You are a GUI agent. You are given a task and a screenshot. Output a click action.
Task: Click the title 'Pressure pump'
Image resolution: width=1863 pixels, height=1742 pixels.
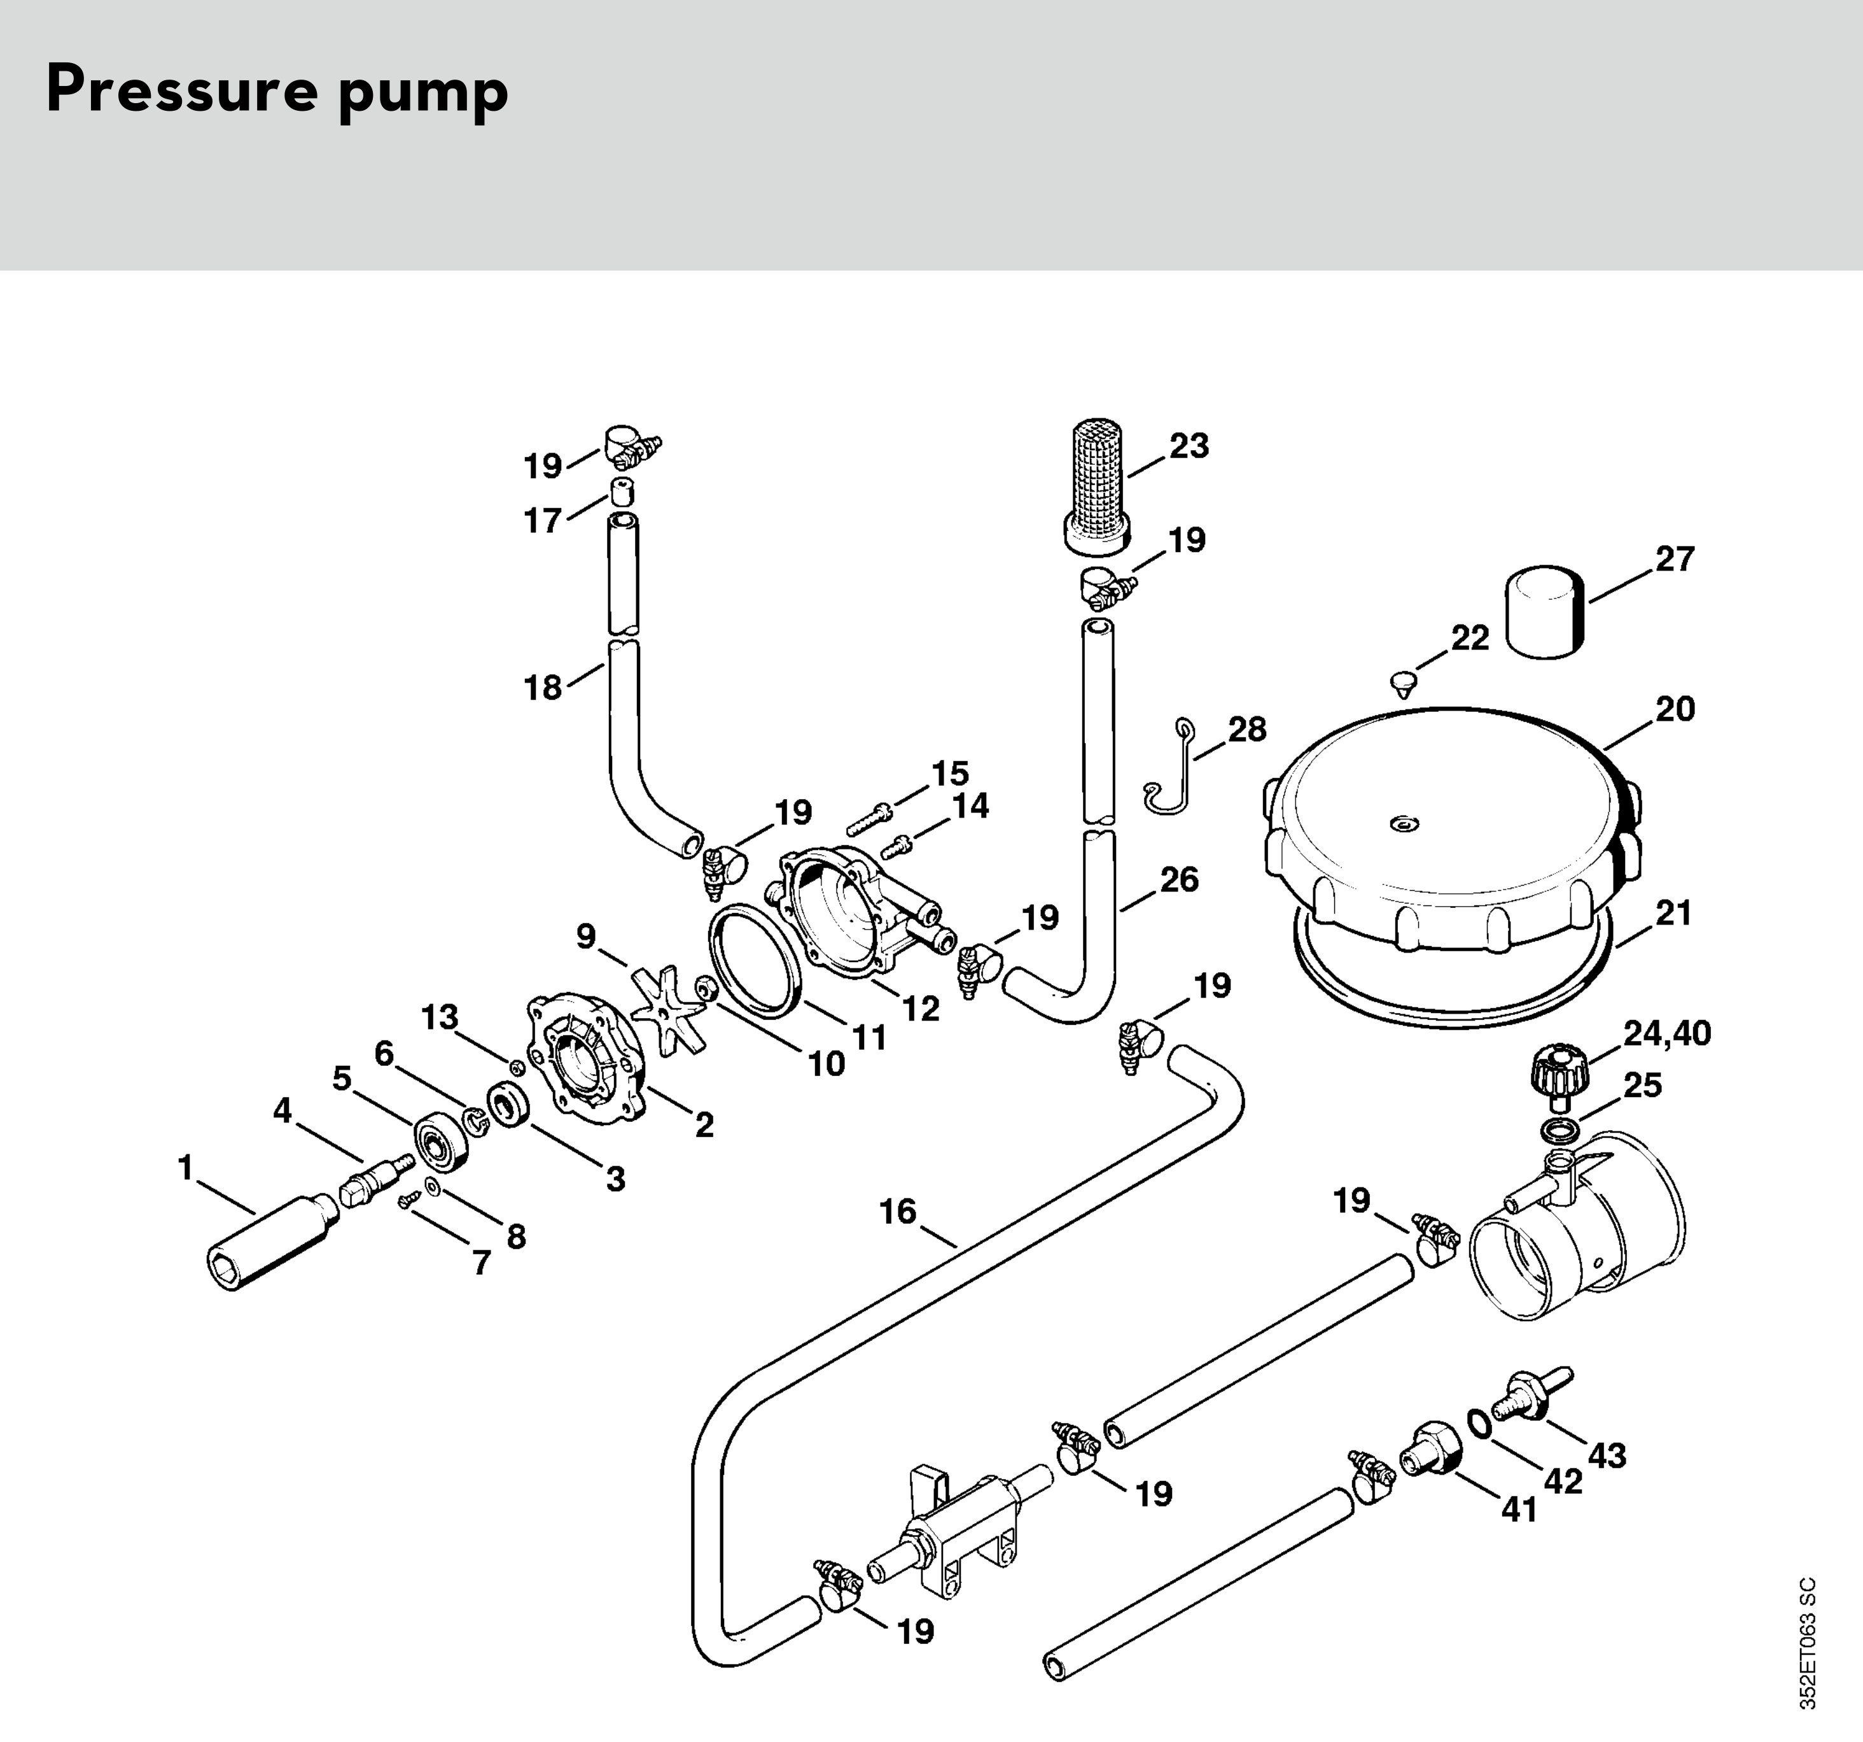[x=277, y=92]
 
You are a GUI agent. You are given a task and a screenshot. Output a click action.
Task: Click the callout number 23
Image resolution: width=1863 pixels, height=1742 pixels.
[x=1189, y=446]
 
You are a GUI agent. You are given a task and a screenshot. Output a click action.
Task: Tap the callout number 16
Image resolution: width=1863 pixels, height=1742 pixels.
[x=897, y=1212]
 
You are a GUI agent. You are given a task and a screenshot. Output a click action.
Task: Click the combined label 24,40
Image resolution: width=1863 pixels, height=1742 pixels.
[x=1666, y=1033]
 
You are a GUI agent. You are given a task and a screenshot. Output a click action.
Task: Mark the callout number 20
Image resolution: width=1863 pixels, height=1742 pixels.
[x=1675, y=709]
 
